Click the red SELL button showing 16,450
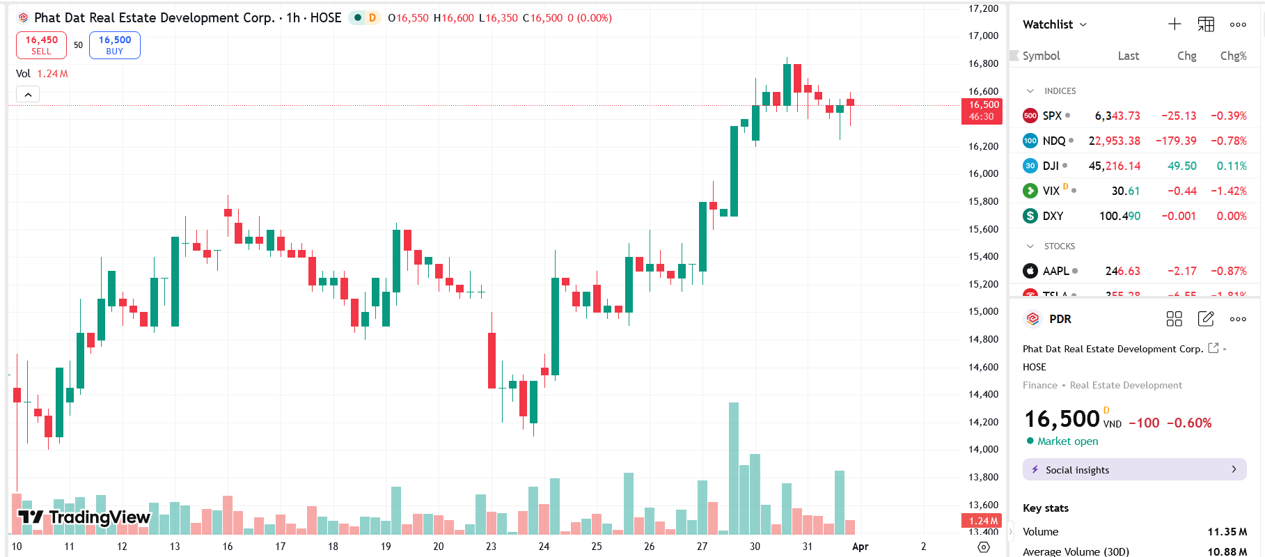click(41, 45)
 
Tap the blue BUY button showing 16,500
click(114, 45)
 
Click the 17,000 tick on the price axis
click(983, 36)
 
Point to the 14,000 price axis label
click(983, 449)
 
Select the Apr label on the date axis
click(860, 547)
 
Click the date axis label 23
click(491, 547)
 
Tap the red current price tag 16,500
click(982, 111)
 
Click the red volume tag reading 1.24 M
click(982, 521)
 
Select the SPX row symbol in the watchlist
click(1051, 116)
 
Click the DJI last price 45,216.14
click(1114, 166)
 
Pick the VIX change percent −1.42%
click(1228, 191)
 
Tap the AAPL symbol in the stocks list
click(1055, 271)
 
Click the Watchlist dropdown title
click(1053, 24)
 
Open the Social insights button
click(1134, 470)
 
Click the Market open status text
click(1067, 441)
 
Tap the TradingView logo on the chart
click(84, 517)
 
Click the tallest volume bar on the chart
click(733, 468)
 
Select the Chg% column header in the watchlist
click(1233, 56)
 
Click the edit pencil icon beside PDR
click(1206, 319)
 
